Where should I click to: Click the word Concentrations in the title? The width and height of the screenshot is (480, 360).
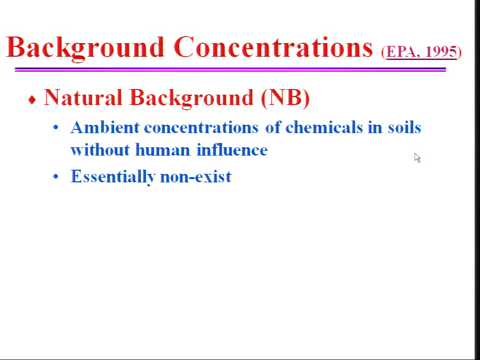273,47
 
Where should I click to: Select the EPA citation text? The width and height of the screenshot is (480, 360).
421,52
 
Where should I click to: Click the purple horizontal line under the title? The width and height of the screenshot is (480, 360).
230,69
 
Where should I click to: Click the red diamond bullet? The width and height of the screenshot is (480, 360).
32,99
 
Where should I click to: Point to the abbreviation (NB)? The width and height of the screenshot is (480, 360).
285,98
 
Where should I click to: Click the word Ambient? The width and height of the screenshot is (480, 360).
105,127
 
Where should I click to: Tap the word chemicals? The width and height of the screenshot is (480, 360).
324,127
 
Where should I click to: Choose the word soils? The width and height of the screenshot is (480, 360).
405,127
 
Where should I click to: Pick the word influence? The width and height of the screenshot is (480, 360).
232,150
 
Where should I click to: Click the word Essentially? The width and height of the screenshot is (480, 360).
113,177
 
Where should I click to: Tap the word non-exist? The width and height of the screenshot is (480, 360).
195,177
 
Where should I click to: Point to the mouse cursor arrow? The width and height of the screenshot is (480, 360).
417,158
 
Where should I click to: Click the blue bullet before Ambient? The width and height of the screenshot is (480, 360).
55,127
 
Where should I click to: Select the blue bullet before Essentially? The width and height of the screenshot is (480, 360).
55,176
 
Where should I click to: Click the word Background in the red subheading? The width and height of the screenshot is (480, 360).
192,98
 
